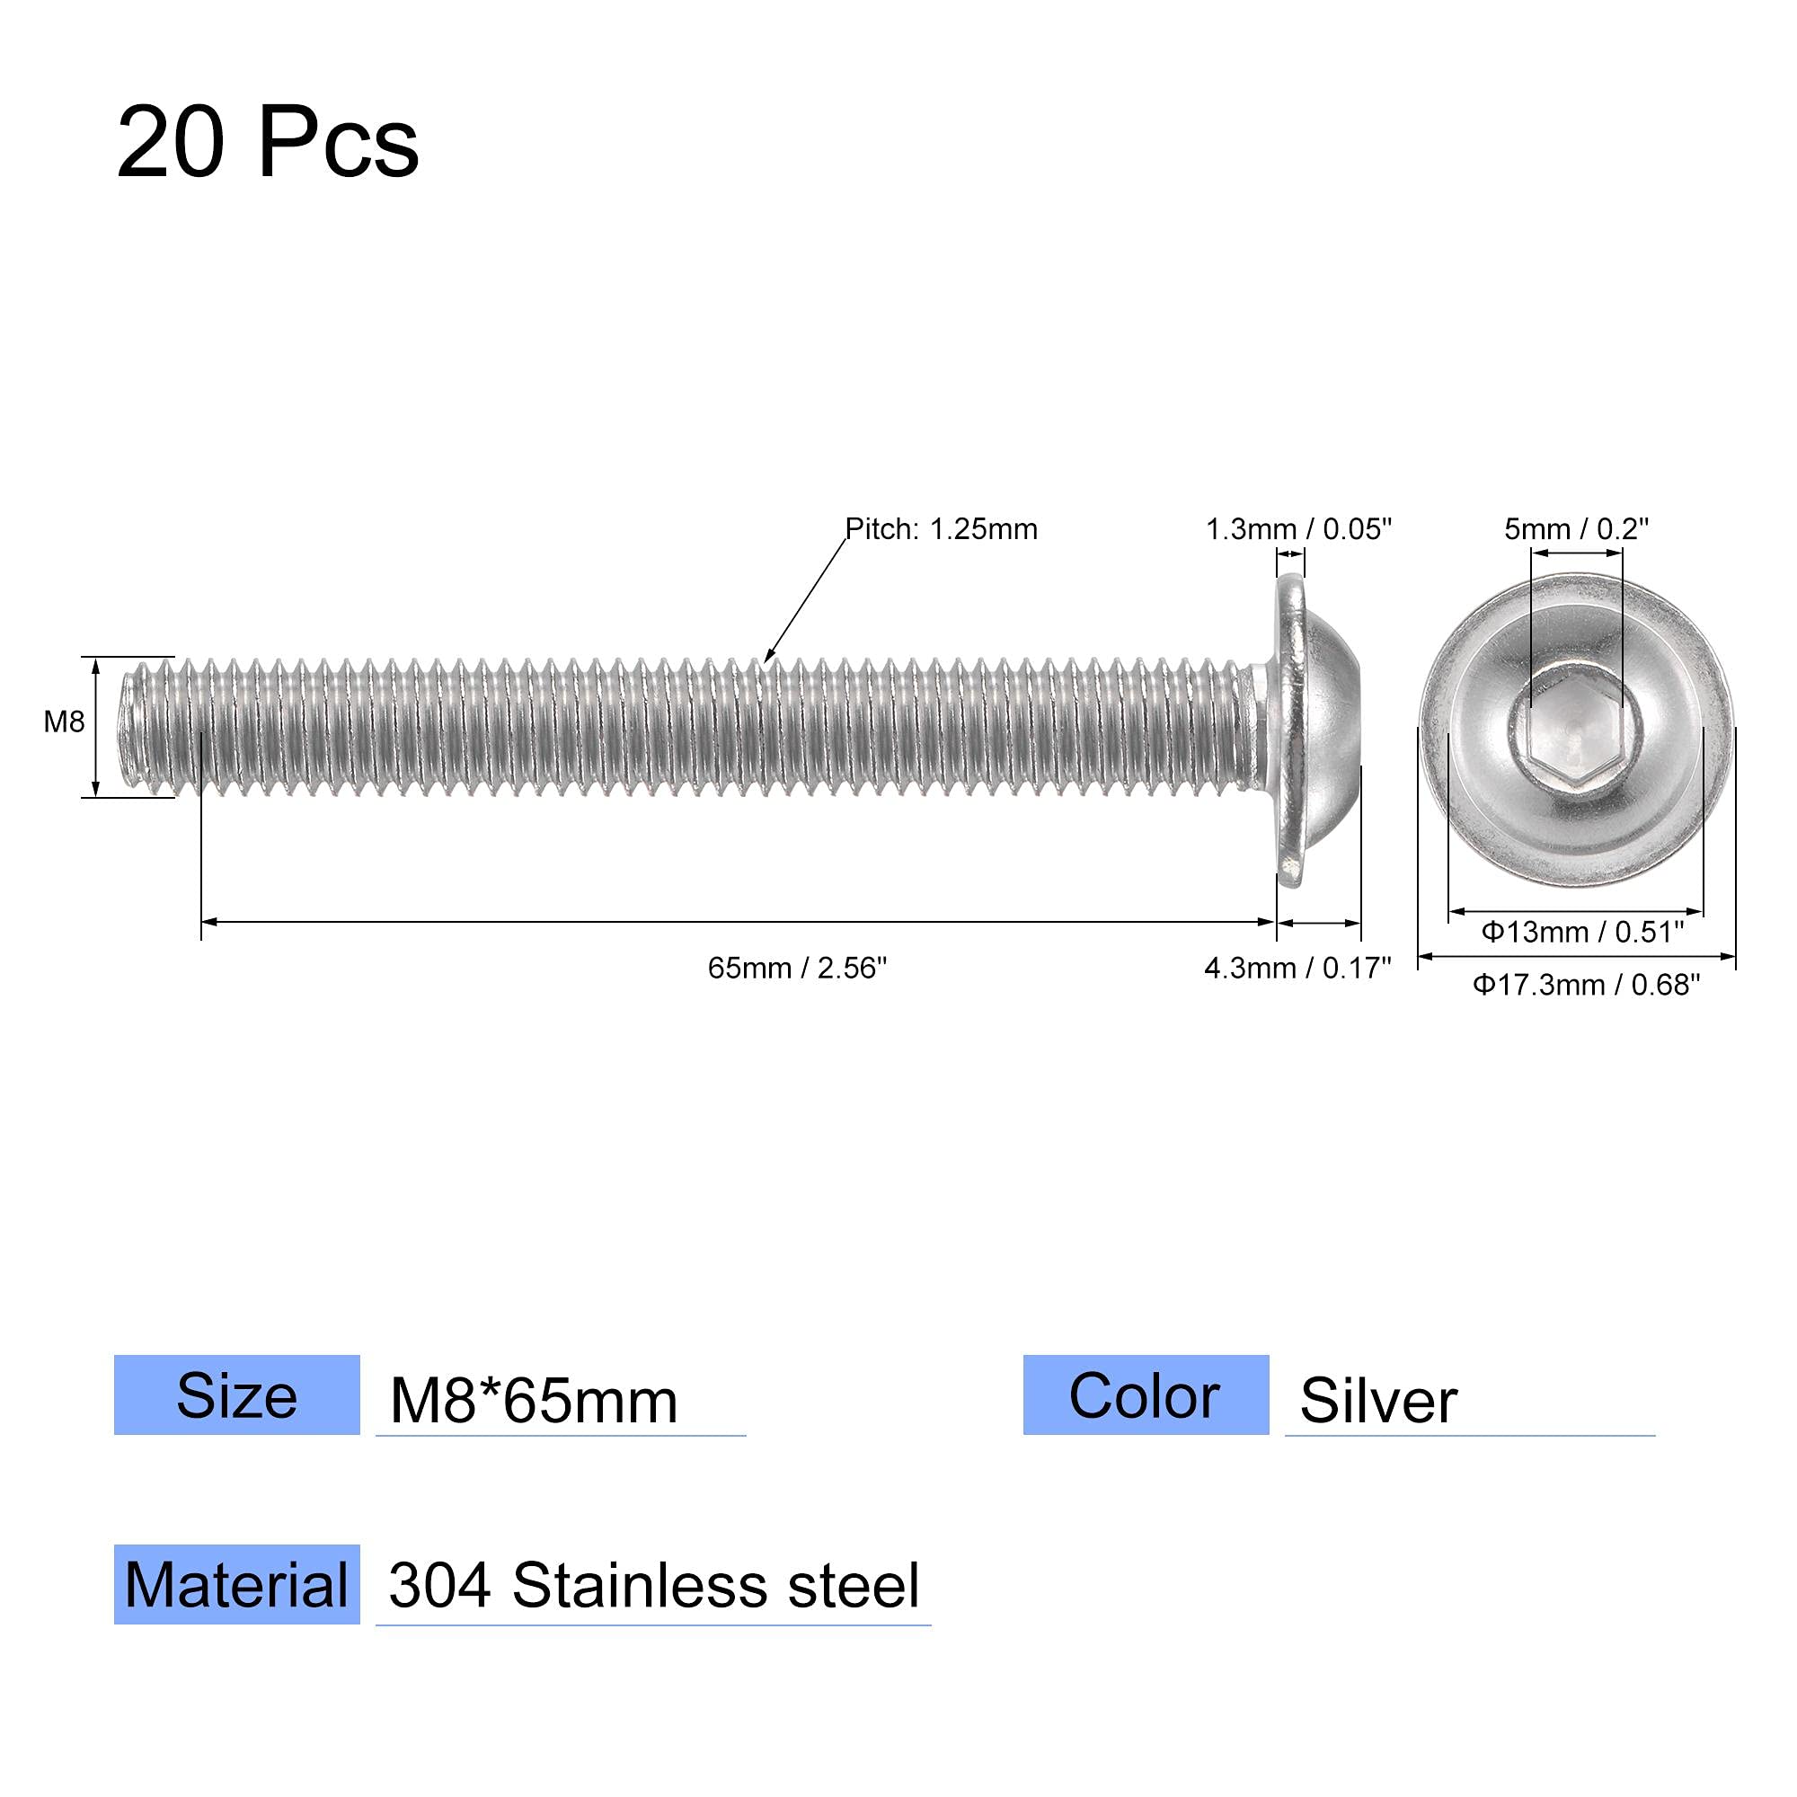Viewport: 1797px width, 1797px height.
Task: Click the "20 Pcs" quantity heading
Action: point(268,144)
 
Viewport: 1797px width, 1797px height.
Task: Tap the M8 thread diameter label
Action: point(64,721)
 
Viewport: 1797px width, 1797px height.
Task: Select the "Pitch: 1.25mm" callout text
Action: point(941,529)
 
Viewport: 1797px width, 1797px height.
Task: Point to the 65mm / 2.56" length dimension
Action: point(797,969)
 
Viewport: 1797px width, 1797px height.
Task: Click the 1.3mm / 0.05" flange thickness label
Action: point(1298,529)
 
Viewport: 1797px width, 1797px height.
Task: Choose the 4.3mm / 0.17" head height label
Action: point(1297,969)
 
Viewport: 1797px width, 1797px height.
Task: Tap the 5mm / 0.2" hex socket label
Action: point(1577,529)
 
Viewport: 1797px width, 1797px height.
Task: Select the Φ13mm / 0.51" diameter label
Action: point(1582,931)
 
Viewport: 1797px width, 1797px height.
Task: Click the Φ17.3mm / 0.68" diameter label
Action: point(1586,984)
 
